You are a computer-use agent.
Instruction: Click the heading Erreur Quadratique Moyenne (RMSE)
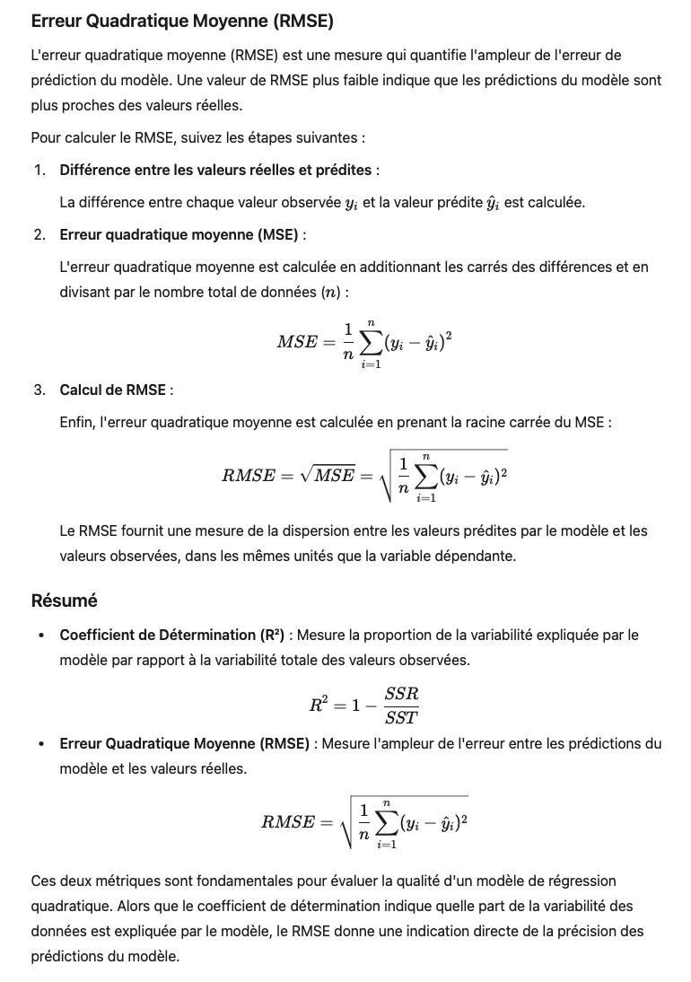(x=182, y=21)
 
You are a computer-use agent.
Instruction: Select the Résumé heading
(x=64, y=601)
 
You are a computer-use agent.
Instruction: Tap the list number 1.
(x=39, y=170)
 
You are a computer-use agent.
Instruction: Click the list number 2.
(x=39, y=234)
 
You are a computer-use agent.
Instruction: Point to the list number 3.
(x=39, y=390)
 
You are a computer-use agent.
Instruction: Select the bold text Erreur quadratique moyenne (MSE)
(x=179, y=234)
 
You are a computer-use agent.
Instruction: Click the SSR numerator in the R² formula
(x=401, y=694)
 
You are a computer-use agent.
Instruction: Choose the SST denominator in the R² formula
(x=401, y=717)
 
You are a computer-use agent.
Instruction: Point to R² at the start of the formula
(x=319, y=705)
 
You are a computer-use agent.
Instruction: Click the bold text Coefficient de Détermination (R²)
(x=171, y=635)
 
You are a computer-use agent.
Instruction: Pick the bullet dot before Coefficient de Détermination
(x=41, y=636)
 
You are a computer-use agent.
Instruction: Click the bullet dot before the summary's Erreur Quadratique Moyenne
(x=41, y=744)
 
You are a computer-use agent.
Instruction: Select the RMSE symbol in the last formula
(x=288, y=821)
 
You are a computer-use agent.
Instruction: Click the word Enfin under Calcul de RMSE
(x=76, y=422)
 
